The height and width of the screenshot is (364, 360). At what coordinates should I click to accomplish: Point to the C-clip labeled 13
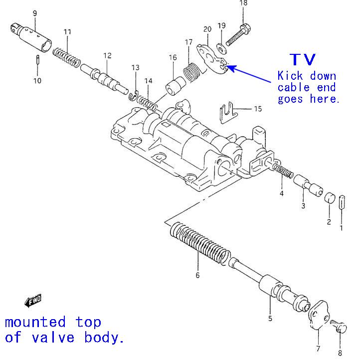tap(134, 94)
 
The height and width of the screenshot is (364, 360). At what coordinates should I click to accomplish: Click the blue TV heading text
tap(303, 59)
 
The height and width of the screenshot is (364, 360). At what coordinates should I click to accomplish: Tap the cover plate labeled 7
tap(317, 317)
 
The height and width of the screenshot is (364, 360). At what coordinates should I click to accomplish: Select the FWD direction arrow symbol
tap(33, 301)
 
